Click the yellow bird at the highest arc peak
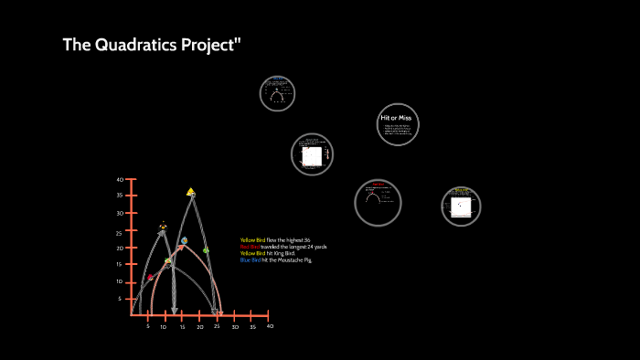190,192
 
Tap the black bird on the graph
163,225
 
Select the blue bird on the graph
184,241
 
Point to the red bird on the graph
151,277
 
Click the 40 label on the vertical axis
120,180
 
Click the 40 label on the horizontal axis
270,326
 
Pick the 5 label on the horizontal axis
148,326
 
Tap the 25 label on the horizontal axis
218,326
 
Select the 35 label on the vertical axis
120,196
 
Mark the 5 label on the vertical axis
119,299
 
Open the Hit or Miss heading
398,118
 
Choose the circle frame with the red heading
378,201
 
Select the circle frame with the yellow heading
461,206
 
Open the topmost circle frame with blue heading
277,93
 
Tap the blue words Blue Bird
250,260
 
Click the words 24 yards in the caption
312,247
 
